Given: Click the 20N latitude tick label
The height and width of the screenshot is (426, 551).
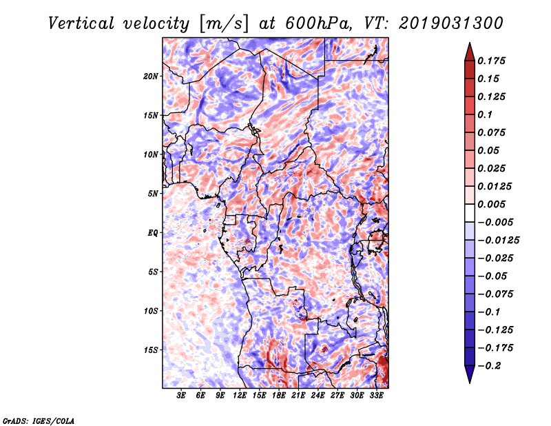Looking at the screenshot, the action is click(x=151, y=77).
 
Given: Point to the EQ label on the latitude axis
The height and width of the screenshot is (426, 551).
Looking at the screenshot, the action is click(x=152, y=233).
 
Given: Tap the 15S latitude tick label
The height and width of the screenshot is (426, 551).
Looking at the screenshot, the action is click(x=151, y=350).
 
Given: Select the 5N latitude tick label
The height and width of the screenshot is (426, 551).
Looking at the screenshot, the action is click(x=153, y=194).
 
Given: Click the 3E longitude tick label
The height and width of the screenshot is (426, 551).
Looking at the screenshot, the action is click(x=181, y=396).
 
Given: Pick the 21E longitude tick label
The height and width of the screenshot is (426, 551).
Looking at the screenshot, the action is click(x=298, y=396).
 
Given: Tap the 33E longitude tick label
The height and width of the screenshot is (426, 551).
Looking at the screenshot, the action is click(x=376, y=396).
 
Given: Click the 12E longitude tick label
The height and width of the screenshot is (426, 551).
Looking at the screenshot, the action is click(x=239, y=396).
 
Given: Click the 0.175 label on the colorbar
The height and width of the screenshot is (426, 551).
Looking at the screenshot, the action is click(x=491, y=61).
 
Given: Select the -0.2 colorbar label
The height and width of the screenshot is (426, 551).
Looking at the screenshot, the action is click(x=489, y=366).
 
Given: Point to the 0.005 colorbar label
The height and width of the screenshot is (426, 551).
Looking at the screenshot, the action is click(x=491, y=204).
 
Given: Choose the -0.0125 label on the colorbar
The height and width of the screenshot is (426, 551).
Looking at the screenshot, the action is click(x=498, y=241).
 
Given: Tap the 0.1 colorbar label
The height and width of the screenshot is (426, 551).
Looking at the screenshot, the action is click(x=485, y=114).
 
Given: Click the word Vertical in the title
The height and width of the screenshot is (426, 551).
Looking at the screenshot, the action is click(x=81, y=23).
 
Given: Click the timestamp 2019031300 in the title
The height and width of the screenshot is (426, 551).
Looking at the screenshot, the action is click(x=451, y=23).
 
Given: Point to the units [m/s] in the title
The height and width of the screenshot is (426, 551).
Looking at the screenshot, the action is click(x=224, y=24).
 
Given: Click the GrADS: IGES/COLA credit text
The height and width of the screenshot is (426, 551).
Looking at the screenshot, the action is click(x=39, y=420).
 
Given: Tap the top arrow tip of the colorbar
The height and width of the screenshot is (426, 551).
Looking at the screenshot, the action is click(x=470, y=43).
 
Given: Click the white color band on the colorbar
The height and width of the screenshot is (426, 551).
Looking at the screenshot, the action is click(x=470, y=213).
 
